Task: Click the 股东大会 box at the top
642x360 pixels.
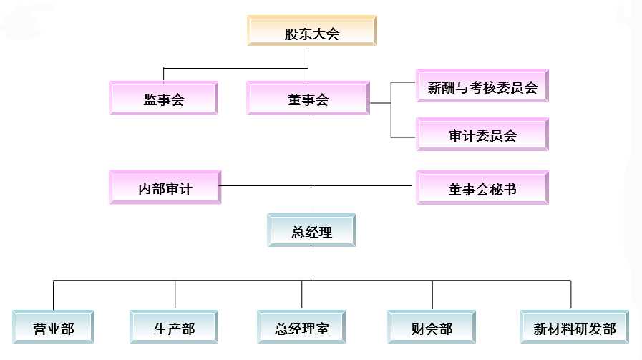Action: coord(311,34)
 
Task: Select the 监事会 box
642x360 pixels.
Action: coord(164,99)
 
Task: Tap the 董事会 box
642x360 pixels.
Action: coord(308,99)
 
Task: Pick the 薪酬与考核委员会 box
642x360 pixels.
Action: coord(482,88)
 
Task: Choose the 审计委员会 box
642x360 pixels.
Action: coord(482,135)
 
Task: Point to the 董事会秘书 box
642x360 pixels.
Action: coord(482,189)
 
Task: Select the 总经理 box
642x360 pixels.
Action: coord(311,232)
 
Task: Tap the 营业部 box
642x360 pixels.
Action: coord(54,329)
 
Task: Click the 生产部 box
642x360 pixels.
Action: coord(174,329)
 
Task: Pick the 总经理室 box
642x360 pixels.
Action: coord(301,329)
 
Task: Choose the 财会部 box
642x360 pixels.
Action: coord(432,329)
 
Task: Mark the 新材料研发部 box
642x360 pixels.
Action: coord(575,329)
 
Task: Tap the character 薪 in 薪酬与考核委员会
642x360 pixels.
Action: coord(435,88)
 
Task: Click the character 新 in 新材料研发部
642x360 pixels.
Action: coord(541,329)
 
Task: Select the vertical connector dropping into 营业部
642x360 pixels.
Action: coord(54,295)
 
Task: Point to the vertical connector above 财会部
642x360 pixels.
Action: coord(432,295)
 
